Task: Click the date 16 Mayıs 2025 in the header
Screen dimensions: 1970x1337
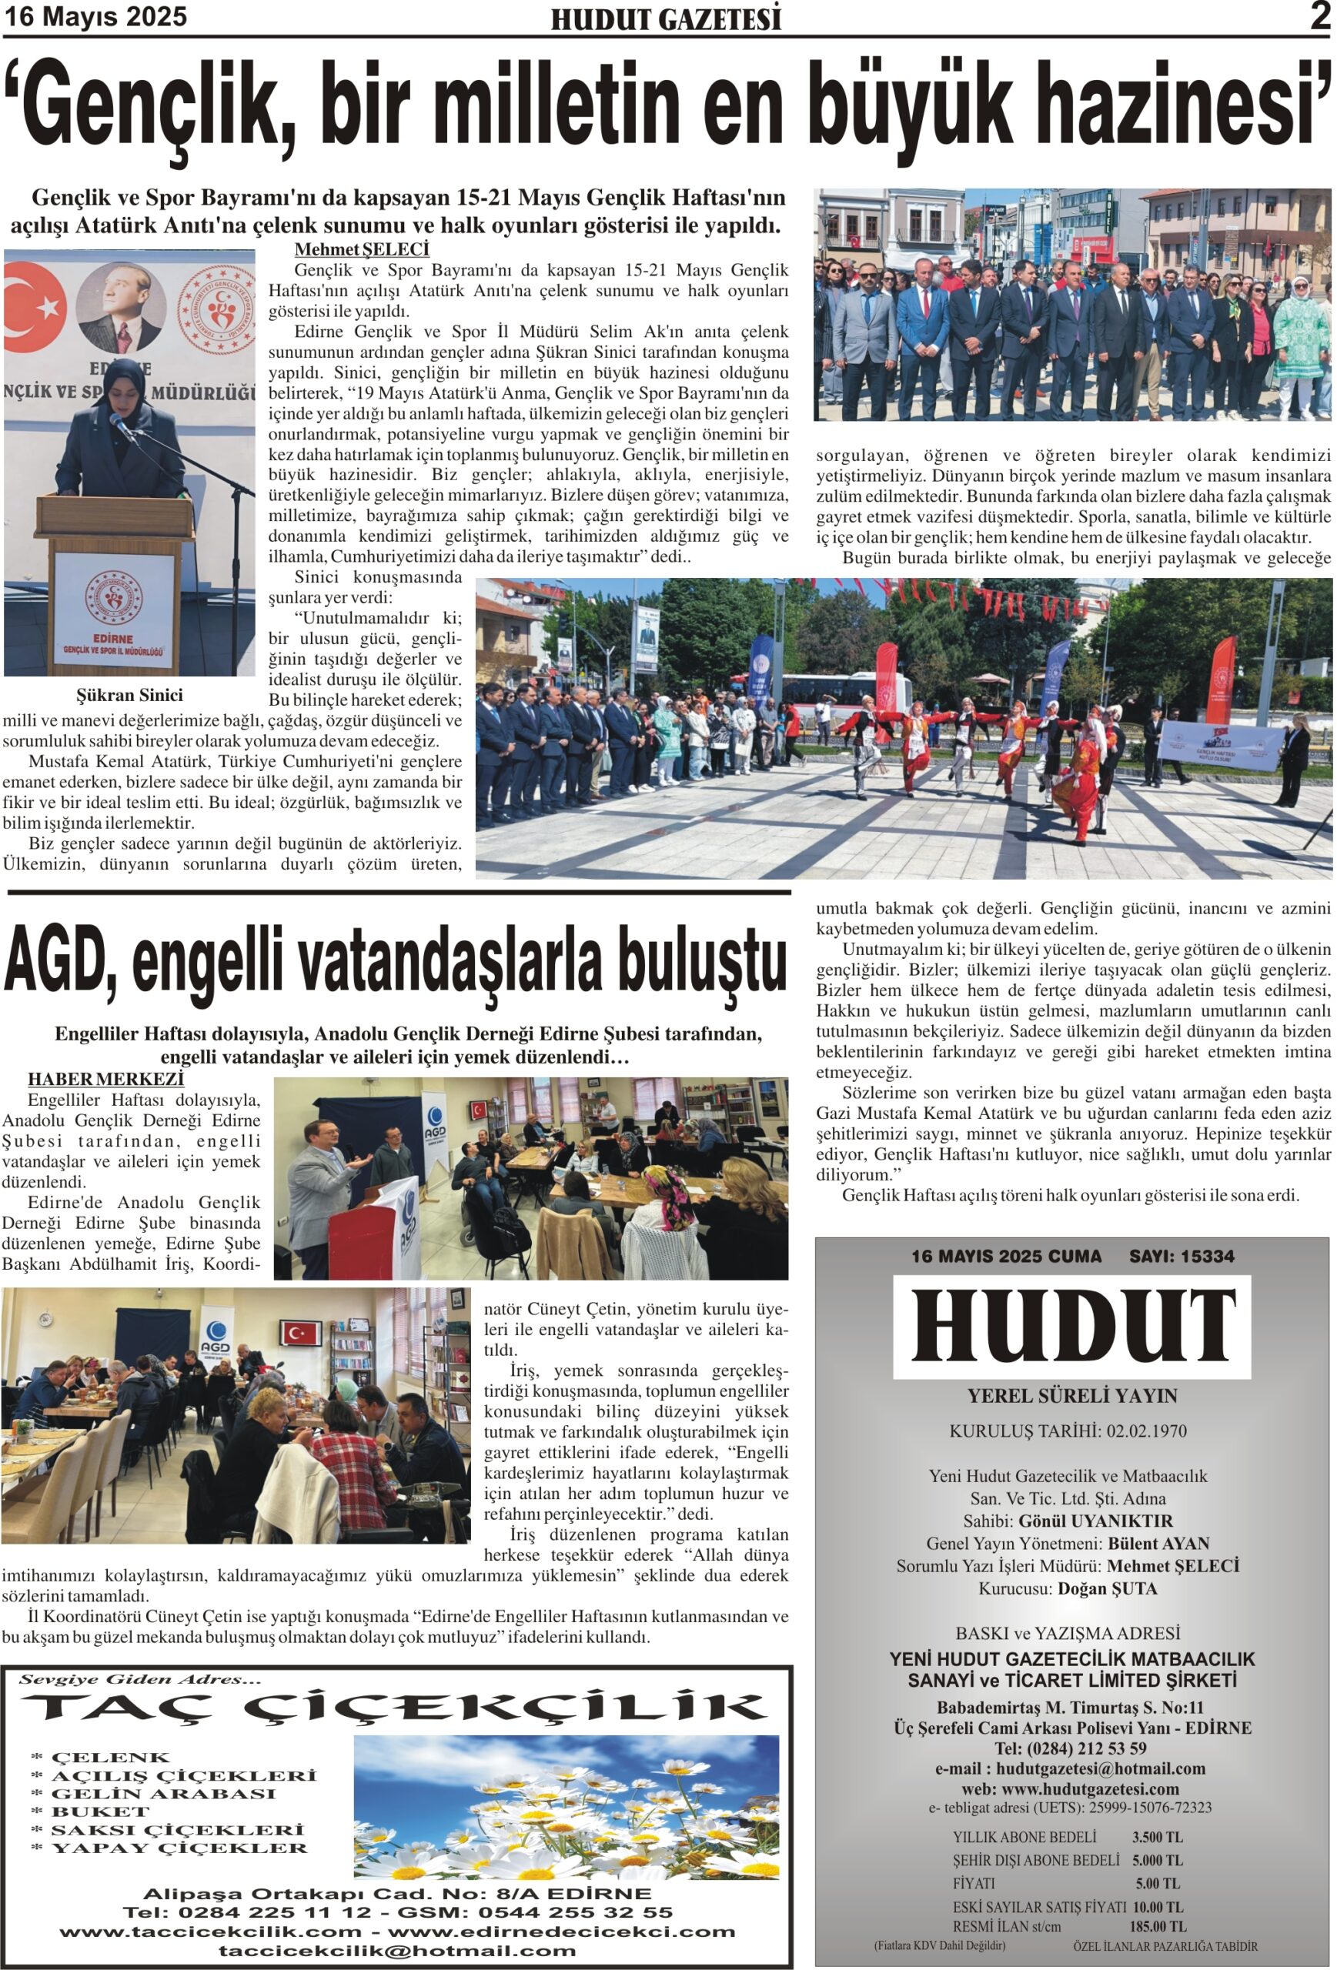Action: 95,17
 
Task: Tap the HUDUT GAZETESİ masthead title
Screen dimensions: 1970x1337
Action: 666,19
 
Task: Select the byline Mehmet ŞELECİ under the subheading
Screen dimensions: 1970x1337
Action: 361,249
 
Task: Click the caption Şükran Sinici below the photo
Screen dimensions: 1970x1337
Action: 129,695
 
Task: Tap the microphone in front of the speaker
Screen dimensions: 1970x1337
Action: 122,426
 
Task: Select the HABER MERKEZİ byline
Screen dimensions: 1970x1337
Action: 105,1079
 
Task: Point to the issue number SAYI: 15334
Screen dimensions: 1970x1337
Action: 1181,1256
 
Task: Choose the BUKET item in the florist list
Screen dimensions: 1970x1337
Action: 100,1811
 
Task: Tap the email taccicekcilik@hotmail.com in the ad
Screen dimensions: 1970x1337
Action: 396,1951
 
